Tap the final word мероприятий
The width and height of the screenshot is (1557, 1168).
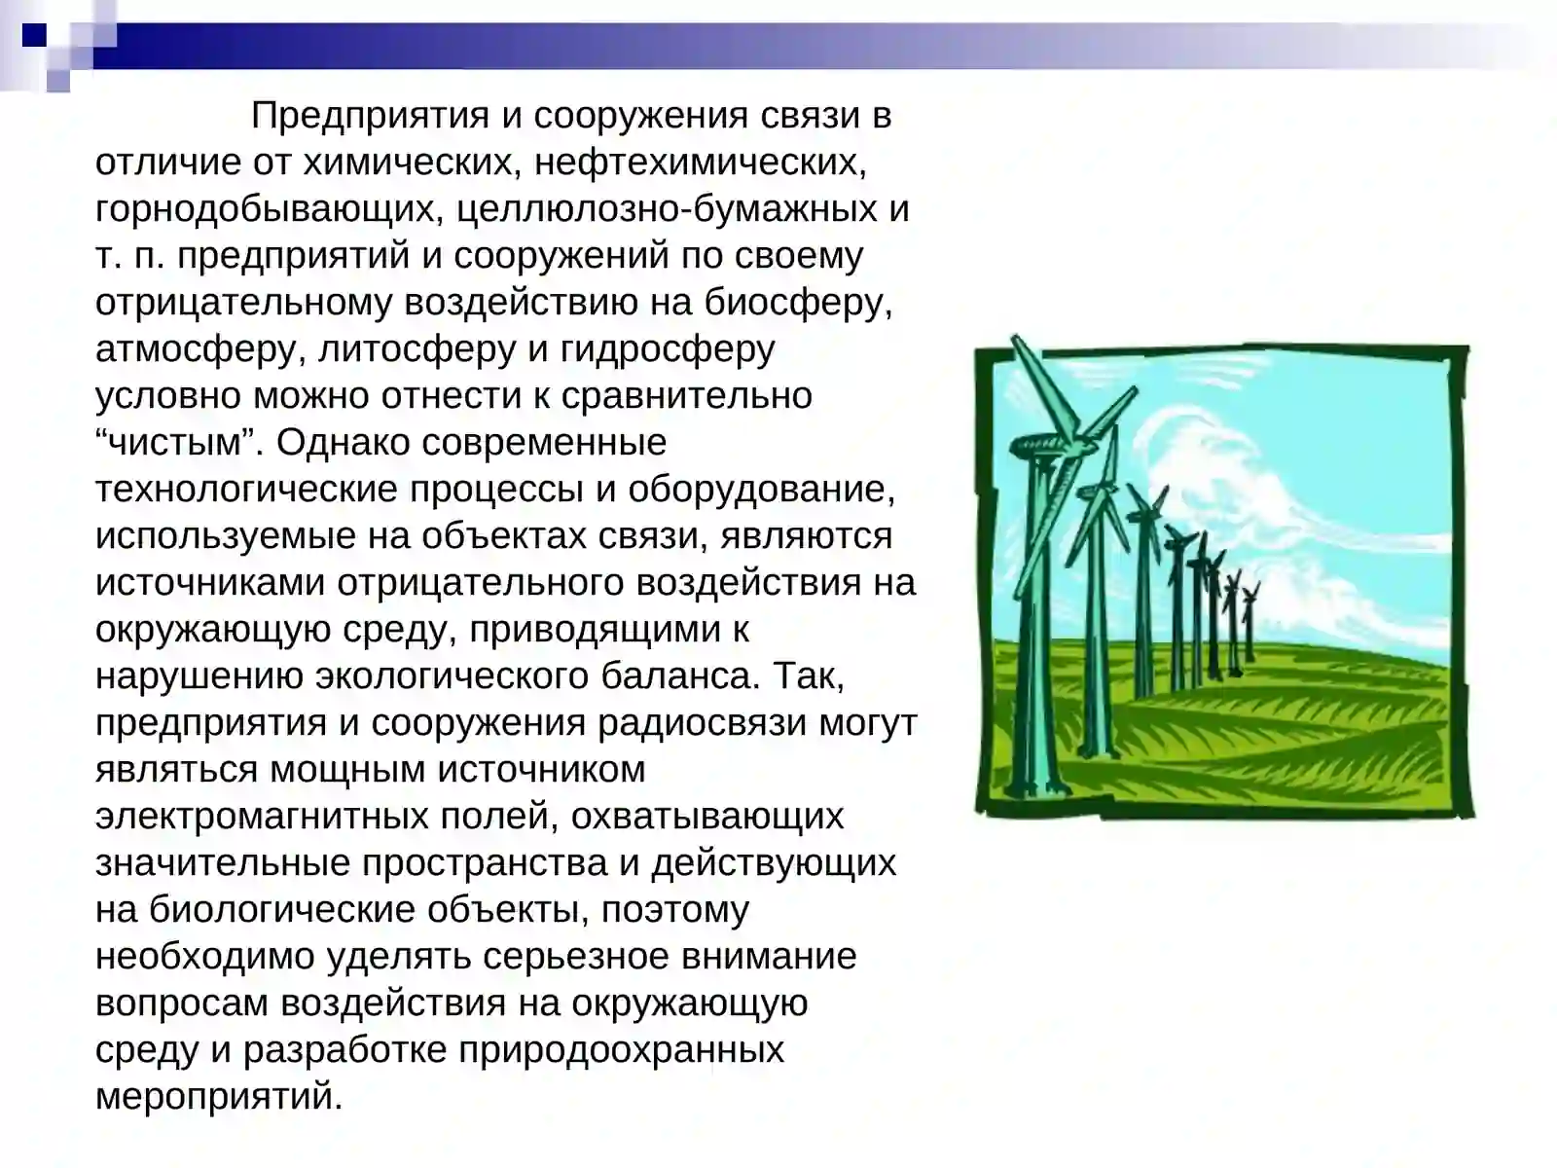click(219, 1097)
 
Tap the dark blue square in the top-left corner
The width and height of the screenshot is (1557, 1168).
click(35, 36)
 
